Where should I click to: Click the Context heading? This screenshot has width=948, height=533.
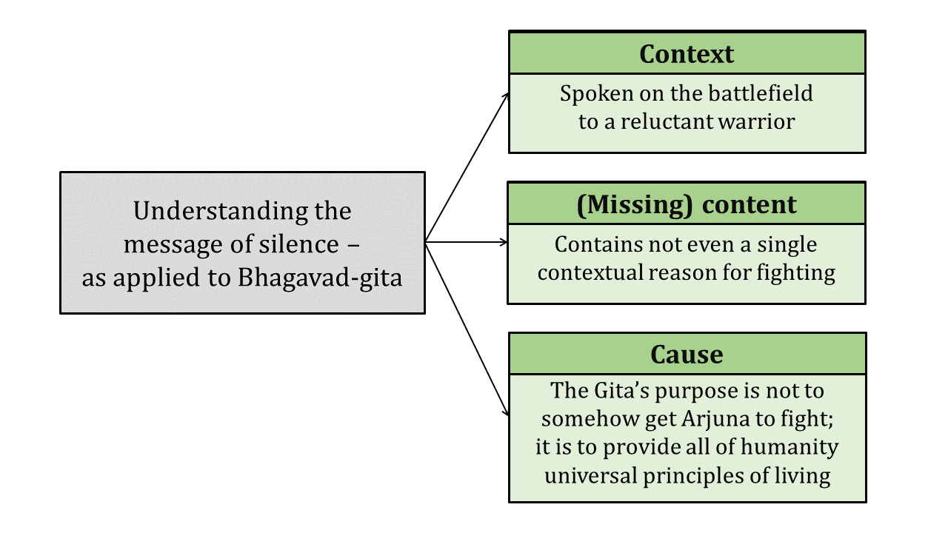[x=687, y=54]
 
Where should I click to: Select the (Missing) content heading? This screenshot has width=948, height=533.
[x=687, y=204]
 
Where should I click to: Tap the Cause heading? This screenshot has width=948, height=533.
[x=687, y=355]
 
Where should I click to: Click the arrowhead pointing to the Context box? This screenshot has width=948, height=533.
[x=506, y=96]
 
